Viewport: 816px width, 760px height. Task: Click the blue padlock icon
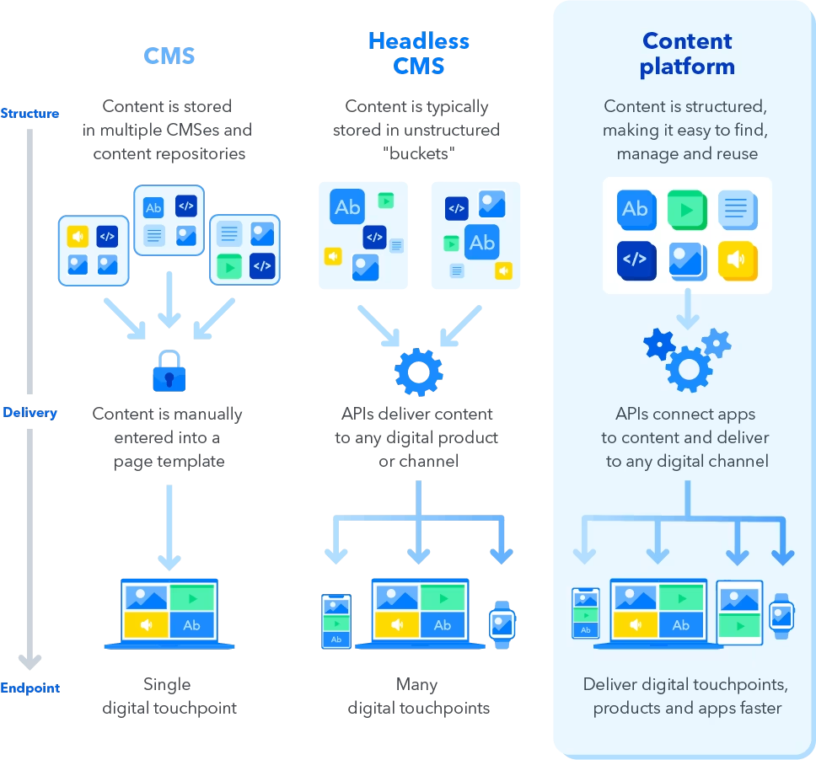pyautogui.click(x=170, y=369)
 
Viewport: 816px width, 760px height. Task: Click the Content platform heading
pyautogui.click(x=687, y=53)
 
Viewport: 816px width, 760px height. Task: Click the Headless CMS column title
pyautogui.click(x=419, y=53)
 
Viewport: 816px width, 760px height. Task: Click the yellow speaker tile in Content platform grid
pyautogui.click(x=738, y=260)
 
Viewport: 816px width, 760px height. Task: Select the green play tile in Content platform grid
pyautogui.click(x=687, y=210)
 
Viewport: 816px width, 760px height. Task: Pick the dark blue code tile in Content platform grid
pyautogui.click(x=635, y=260)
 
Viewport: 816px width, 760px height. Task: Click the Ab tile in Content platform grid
pyautogui.click(x=635, y=210)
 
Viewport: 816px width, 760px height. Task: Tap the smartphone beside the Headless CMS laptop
pyautogui.click(x=336, y=622)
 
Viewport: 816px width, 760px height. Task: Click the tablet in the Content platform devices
pyautogui.click(x=739, y=613)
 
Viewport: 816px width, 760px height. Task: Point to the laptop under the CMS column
pyautogui.click(x=169, y=613)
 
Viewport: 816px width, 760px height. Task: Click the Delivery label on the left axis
pyautogui.click(x=30, y=413)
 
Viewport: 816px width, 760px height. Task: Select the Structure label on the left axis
pyautogui.click(x=30, y=113)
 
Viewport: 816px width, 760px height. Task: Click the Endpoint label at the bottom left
pyautogui.click(x=30, y=688)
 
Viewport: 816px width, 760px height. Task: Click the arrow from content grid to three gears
pyautogui.click(x=687, y=309)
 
